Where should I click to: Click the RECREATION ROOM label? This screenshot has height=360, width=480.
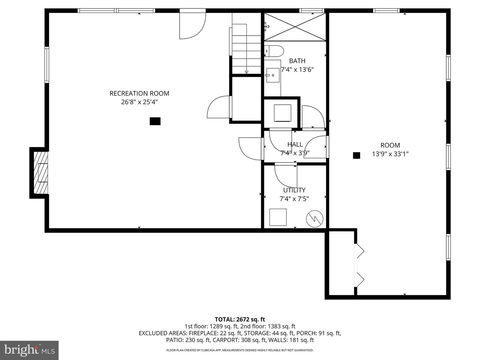tap(139, 93)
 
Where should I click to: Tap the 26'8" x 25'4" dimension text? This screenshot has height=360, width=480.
tap(139, 102)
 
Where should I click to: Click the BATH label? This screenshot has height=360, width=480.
tap(297, 61)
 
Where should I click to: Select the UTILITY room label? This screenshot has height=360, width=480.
tap(294, 190)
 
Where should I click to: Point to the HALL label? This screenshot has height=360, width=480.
tap(295, 144)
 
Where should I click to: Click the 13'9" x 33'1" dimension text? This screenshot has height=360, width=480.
tap(390, 154)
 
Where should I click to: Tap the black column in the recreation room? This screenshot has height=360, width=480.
tap(155, 121)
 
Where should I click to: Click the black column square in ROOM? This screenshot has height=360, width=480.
tap(356, 155)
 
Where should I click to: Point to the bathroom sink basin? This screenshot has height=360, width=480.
tap(272, 76)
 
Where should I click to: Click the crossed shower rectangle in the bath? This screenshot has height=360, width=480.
tap(295, 27)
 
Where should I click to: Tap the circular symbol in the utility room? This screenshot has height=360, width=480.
tap(315, 219)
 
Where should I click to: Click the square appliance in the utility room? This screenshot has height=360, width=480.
tap(278, 217)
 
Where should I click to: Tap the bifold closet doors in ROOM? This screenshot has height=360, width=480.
tap(360, 265)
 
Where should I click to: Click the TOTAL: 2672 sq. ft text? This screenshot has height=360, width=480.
tap(240, 319)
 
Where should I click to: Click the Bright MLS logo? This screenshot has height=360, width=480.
tap(29, 350)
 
